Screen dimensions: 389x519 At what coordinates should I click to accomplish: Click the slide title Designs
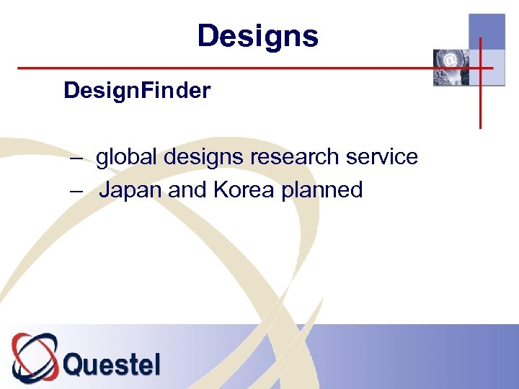(x=257, y=36)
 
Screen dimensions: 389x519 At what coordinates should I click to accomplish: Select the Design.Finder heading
(x=137, y=91)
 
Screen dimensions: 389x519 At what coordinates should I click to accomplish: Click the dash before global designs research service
(x=76, y=158)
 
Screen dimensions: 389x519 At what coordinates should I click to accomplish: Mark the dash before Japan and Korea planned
(x=76, y=191)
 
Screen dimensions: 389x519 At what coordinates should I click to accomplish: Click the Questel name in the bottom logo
(x=112, y=364)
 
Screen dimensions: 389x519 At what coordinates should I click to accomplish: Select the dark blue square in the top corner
(x=487, y=32)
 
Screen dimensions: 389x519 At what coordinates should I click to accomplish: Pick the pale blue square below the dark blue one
(x=487, y=68)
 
